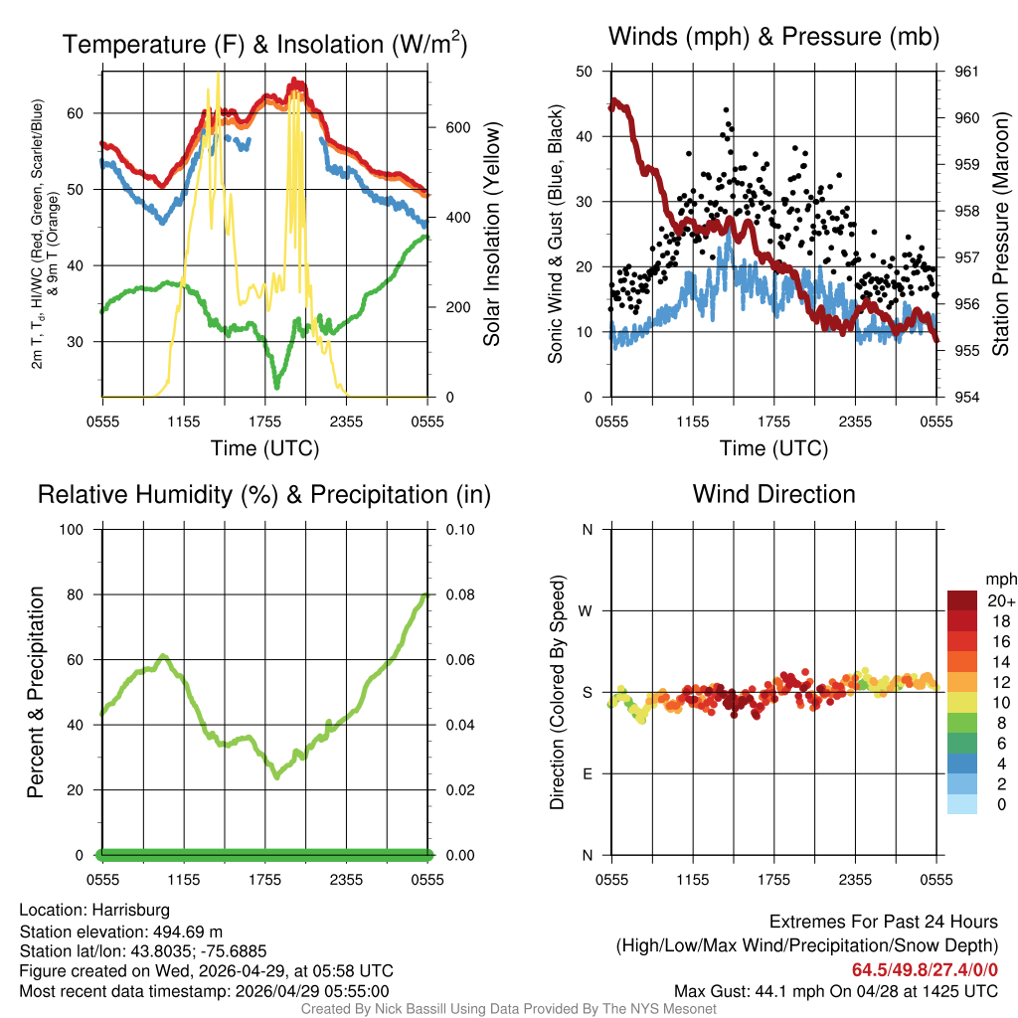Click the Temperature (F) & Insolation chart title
pos(264,45)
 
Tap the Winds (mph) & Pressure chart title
pos(774,37)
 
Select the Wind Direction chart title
pos(774,494)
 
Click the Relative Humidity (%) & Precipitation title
pos(264,494)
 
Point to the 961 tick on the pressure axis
pos(966,72)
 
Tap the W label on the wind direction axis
pos(587,610)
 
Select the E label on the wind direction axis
pos(588,773)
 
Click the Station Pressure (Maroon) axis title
pos(1001,235)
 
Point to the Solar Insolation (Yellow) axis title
pos(492,235)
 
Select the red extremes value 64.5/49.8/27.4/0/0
pos(925,970)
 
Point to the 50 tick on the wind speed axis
pos(586,72)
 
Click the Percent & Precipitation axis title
pos(35,692)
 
